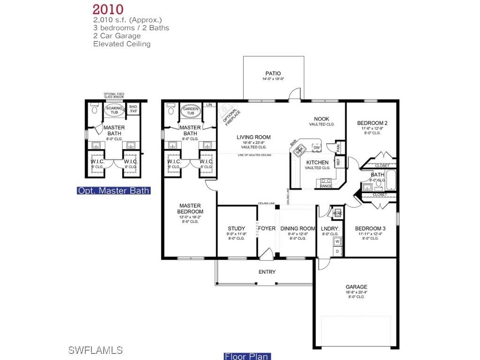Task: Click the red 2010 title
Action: pyautogui.click(x=108, y=9)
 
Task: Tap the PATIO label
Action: pyautogui.click(x=273, y=74)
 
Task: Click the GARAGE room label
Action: pyautogui.click(x=356, y=287)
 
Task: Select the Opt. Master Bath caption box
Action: pyautogui.click(x=114, y=190)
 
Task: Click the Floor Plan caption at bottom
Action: pyautogui.click(x=247, y=356)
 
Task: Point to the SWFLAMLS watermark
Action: pyautogui.click(x=95, y=350)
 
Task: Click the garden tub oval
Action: pyautogui.click(x=191, y=111)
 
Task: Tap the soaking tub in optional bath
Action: pyautogui.click(x=114, y=111)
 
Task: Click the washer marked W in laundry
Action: pyautogui.click(x=337, y=242)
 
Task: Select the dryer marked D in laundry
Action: pyautogui.click(x=337, y=252)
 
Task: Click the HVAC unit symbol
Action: pyautogui.click(x=337, y=213)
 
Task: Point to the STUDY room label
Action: pyautogui.click(x=236, y=229)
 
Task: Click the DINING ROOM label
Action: pyautogui.click(x=298, y=229)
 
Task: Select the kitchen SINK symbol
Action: pyautogui.click(x=300, y=149)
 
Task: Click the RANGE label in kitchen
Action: pyautogui.click(x=326, y=186)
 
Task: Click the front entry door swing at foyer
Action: pyautogui.click(x=267, y=255)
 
